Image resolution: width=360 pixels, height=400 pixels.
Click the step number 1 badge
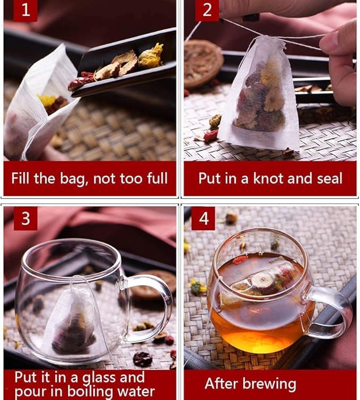(25, 11)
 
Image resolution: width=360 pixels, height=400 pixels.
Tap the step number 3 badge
(25, 219)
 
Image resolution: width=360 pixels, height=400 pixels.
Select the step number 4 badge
(203, 219)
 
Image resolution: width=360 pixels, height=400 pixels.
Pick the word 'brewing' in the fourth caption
(274, 384)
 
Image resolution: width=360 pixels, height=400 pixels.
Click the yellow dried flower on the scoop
(151, 56)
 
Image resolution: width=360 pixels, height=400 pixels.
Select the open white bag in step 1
(37, 106)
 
